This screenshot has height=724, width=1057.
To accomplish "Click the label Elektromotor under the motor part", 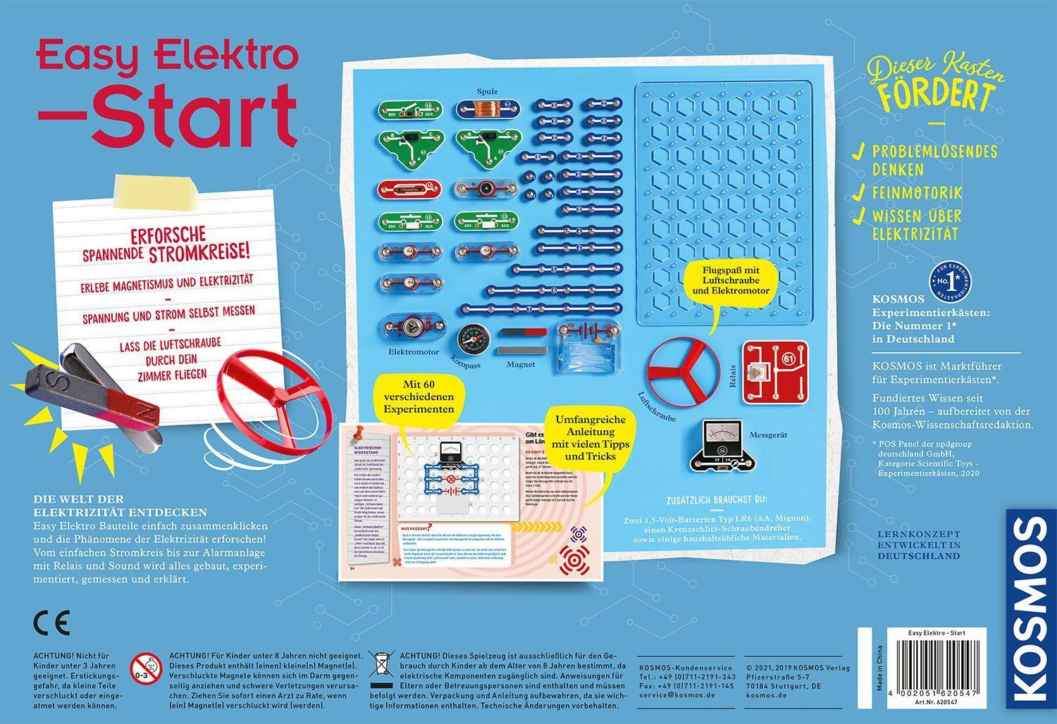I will point(414,351).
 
